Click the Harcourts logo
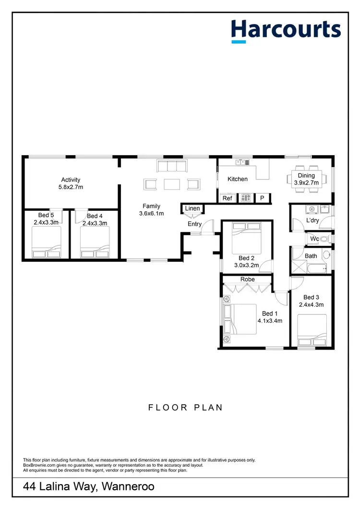[286, 30]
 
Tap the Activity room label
[71, 180]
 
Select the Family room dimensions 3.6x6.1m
[151, 213]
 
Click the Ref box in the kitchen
[227, 198]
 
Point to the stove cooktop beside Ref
[246, 197]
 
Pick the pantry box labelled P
[262, 198]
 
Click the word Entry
[194, 224]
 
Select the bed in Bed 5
[47, 242]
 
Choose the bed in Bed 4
[95, 242]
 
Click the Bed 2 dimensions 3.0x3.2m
[246, 265]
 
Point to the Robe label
[248, 279]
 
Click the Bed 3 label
[311, 297]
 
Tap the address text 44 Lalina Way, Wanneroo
[89, 487]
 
